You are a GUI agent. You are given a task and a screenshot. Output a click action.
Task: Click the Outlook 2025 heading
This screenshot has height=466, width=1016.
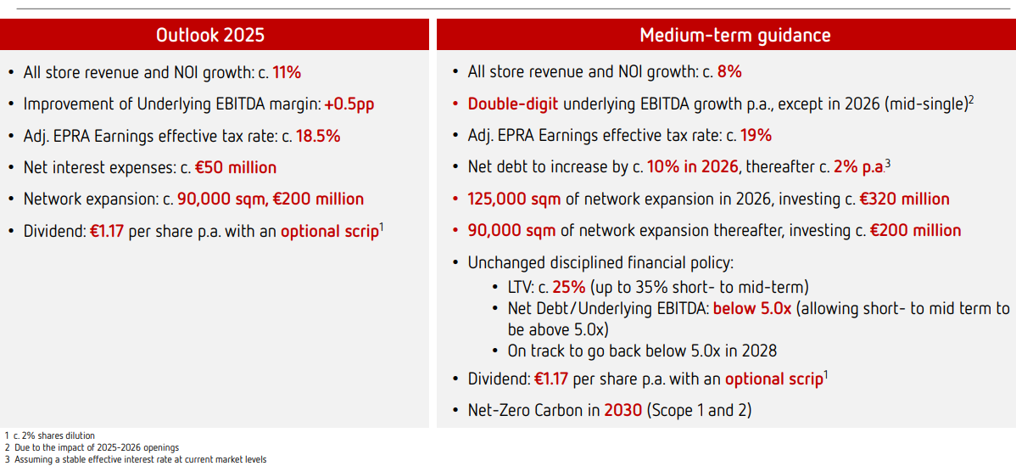click(x=210, y=35)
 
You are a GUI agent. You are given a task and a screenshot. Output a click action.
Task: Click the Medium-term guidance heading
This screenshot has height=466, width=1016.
click(x=726, y=35)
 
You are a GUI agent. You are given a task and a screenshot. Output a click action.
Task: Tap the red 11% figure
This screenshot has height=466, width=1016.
click(x=287, y=73)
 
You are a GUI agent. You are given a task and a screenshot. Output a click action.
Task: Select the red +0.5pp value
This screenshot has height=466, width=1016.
click(x=350, y=104)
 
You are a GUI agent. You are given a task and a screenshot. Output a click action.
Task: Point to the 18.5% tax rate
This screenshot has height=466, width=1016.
click(x=318, y=136)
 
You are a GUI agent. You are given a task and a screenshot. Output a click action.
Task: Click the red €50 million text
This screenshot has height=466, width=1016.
click(x=236, y=168)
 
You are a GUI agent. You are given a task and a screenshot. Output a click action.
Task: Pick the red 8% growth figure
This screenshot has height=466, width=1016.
click(x=729, y=73)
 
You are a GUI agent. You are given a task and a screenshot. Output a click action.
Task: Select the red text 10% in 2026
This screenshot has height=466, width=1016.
click(x=693, y=168)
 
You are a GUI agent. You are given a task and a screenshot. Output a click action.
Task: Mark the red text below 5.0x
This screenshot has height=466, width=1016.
click(x=752, y=308)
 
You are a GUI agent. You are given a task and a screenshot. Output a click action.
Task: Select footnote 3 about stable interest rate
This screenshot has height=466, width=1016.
click(x=136, y=459)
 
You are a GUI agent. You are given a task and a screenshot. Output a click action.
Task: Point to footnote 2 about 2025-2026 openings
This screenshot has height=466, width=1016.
click(x=92, y=448)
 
